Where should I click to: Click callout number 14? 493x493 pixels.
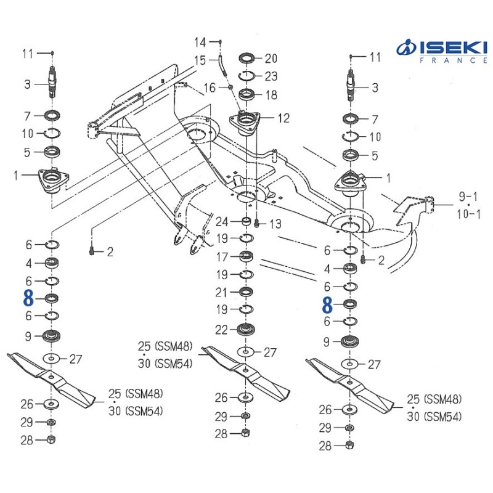[x=200, y=42]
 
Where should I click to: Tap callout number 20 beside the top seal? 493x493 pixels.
[x=271, y=59]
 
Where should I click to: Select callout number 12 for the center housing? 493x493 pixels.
[x=283, y=118]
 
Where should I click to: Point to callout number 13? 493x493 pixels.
[x=275, y=224]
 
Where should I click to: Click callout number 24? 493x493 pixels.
[x=222, y=222]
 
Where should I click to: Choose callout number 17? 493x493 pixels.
[x=222, y=257]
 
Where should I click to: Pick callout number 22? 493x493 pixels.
[x=221, y=330]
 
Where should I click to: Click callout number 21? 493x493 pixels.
[x=221, y=292]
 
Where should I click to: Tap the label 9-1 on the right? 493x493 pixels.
[x=468, y=197]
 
